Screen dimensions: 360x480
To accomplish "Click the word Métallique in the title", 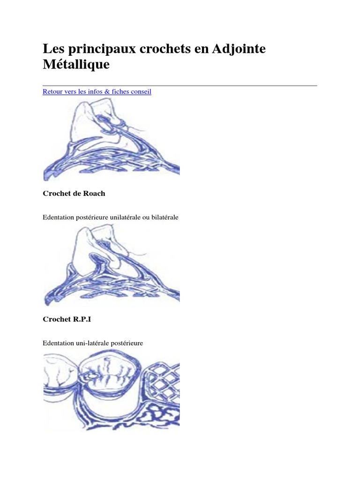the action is tap(76, 65).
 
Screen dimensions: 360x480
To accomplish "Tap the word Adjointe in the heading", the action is tap(239, 49).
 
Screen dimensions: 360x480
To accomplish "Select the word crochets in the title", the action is tap(165, 49).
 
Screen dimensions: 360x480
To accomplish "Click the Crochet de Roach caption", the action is tap(74, 194).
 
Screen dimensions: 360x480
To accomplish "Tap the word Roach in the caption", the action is tap(94, 194).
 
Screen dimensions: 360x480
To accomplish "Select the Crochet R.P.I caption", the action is tap(67, 319).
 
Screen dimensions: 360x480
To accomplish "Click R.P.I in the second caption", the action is tap(82, 319).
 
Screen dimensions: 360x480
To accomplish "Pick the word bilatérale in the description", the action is tap(165, 217).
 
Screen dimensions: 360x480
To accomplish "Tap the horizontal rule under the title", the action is tap(180, 86).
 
